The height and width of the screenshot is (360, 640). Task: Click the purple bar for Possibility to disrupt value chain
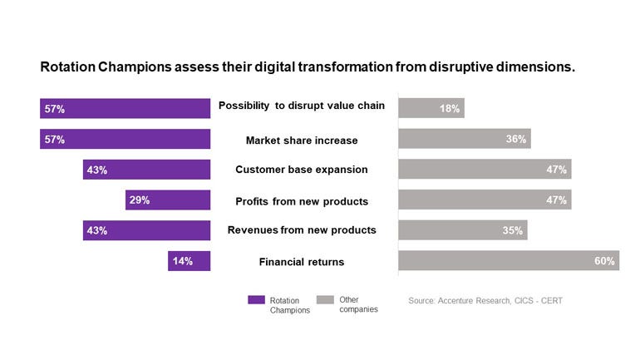tap(125, 109)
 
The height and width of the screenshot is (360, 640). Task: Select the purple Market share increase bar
tap(125, 140)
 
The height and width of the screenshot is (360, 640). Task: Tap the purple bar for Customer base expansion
tap(146, 170)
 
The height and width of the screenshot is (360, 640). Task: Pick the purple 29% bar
tap(168, 200)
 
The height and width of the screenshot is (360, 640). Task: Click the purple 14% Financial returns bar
tap(189, 261)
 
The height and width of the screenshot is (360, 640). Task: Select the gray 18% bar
tap(431, 109)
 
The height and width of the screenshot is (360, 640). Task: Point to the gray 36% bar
tap(464, 140)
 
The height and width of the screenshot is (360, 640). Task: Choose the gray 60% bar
tap(508, 261)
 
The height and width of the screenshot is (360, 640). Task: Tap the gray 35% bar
tap(462, 230)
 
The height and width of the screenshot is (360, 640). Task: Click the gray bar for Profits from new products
tap(485, 200)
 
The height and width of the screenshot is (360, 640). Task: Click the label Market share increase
tap(302, 140)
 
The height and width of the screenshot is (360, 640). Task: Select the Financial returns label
tap(302, 262)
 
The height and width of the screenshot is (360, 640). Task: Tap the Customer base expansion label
tap(302, 170)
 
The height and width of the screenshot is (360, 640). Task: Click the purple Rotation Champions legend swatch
tap(256, 300)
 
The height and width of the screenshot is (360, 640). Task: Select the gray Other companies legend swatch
tap(325, 300)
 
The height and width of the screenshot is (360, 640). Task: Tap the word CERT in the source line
tap(549, 300)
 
